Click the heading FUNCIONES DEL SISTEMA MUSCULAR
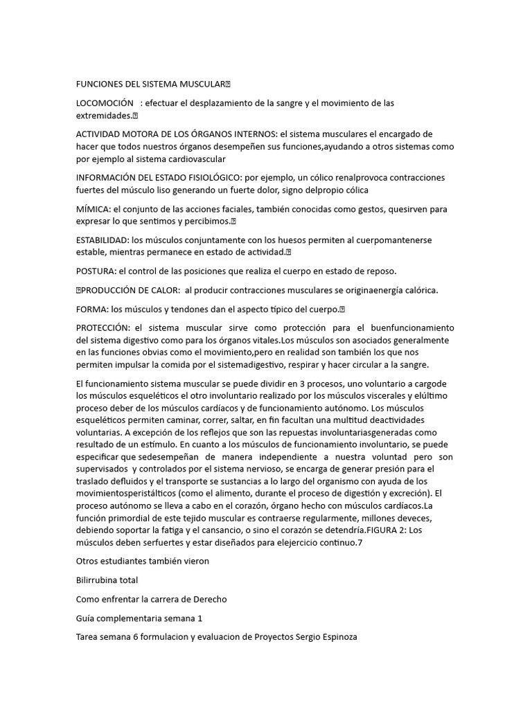[x=150, y=84]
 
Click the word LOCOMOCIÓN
[x=104, y=103]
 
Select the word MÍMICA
[x=92, y=208]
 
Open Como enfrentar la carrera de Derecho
[x=151, y=598]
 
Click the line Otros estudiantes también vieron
[x=142, y=561]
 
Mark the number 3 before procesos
[x=300, y=383]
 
